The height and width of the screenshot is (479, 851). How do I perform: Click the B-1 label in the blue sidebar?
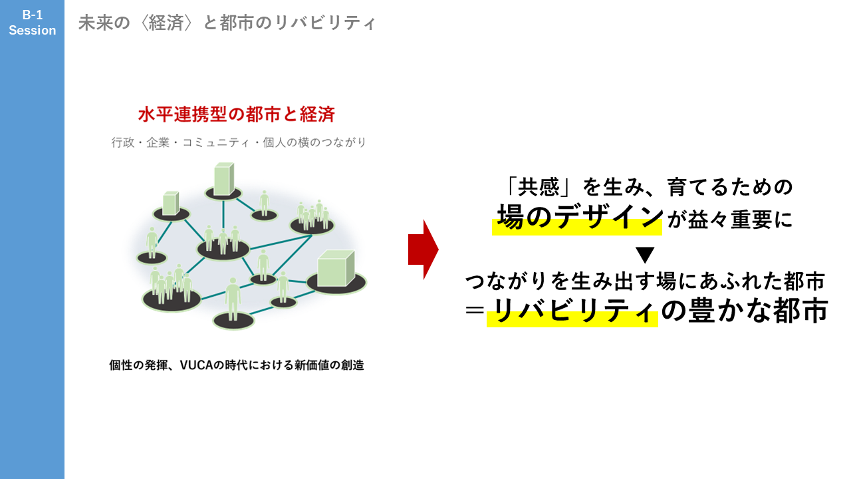tap(32, 15)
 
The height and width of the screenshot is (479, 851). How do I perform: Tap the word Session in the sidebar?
tap(32, 31)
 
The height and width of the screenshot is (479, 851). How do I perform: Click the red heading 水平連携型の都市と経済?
tap(236, 114)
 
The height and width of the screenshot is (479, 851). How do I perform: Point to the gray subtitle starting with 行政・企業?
tap(239, 142)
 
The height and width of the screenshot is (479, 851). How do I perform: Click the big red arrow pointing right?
tap(423, 249)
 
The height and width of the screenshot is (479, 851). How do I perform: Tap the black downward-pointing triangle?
tap(645, 255)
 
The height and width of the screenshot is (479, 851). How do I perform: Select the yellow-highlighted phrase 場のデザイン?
tap(580, 218)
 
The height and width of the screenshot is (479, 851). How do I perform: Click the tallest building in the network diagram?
tap(222, 180)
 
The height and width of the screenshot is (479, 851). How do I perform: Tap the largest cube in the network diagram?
tap(336, 269)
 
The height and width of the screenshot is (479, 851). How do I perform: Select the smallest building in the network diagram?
tap(171, 204)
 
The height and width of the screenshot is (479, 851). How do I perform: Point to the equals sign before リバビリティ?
tap(475, 311)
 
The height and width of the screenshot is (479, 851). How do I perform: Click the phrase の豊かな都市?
tap(745, 311)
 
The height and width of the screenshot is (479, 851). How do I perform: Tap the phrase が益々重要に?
tap(729, 220)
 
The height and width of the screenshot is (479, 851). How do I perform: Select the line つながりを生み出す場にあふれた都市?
tap(645, 281)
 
